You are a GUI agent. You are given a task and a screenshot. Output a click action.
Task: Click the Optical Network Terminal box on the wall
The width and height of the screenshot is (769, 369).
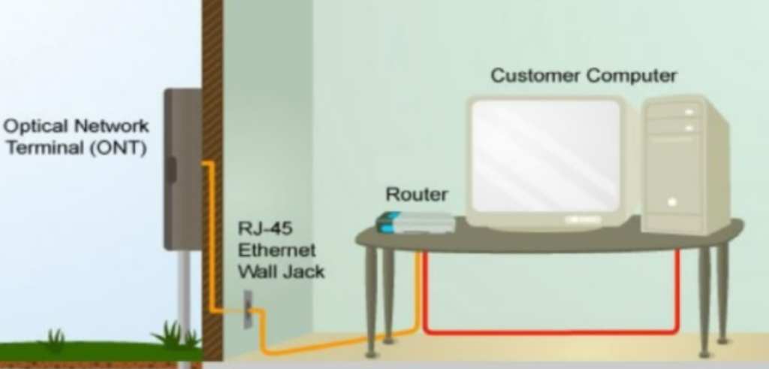pyautogui.click(x=182, y=168)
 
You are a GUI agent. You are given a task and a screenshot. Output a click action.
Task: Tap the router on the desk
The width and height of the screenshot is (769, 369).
pyautogui.click(x=415, y=222)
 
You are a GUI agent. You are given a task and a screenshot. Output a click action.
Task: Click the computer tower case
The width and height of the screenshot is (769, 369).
pyautogui.click(x=684, y=165)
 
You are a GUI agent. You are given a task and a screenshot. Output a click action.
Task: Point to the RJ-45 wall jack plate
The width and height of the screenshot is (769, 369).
pyautogui.click(x=246, y=309)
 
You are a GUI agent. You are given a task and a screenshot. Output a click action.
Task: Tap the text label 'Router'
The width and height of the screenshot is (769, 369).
pyautogui.click(x=416, y=195)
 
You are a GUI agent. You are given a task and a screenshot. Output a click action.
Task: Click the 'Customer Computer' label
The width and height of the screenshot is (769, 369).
pyautogui.click(x=584, y=76)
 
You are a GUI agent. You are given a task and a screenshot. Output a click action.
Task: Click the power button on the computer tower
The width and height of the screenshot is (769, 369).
pyautogui.click(x=672, y=201)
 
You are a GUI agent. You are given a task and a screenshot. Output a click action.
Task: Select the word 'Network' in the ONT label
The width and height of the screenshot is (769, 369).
pyautogui.click(x=107, y=126)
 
